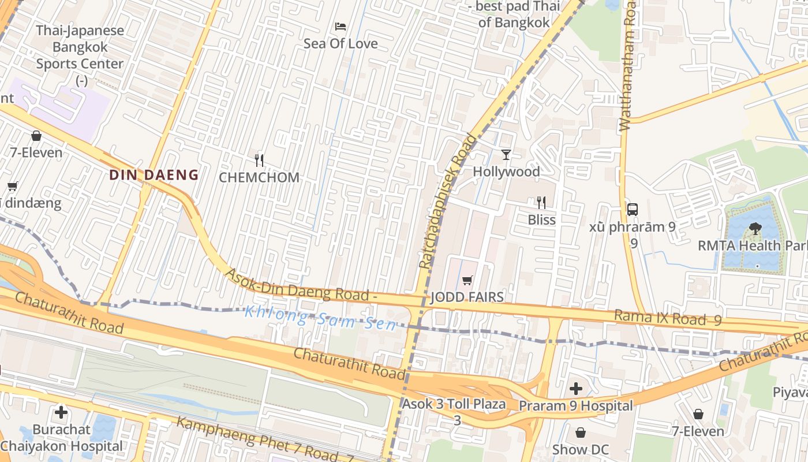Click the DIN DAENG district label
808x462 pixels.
pyautogui.click(x=154, y=174)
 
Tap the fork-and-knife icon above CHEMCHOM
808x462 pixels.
pyautogui.click(x=259, y=160)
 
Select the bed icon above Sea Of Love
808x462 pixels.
pyautogui.click(x=341, y=27)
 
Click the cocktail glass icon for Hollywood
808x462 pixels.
pyautogui.click(x=506, y=155)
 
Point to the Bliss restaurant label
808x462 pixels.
pyautogui.click(x=541, y=219)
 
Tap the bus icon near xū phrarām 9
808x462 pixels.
pyautogui.click(x=633, y=209)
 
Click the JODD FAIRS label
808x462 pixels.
pyautogui.click(x=467, y=297)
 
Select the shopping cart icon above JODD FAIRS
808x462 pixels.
pyautogui.click(x=467, y=281)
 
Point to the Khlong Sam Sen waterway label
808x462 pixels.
pyautogui.click(x=320, y=318)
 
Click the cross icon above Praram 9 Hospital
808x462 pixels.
pyautogui.click(x=575, y=389)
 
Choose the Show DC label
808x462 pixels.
pyautogui.click(x=580, y=449)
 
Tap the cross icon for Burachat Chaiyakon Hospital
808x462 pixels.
pyautogui.click(x=61, y=412)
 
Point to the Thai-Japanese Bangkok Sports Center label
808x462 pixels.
pyautogui.click(x=80, y=47)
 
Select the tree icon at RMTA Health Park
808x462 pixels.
pyautogui.click(x=754, y=229)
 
